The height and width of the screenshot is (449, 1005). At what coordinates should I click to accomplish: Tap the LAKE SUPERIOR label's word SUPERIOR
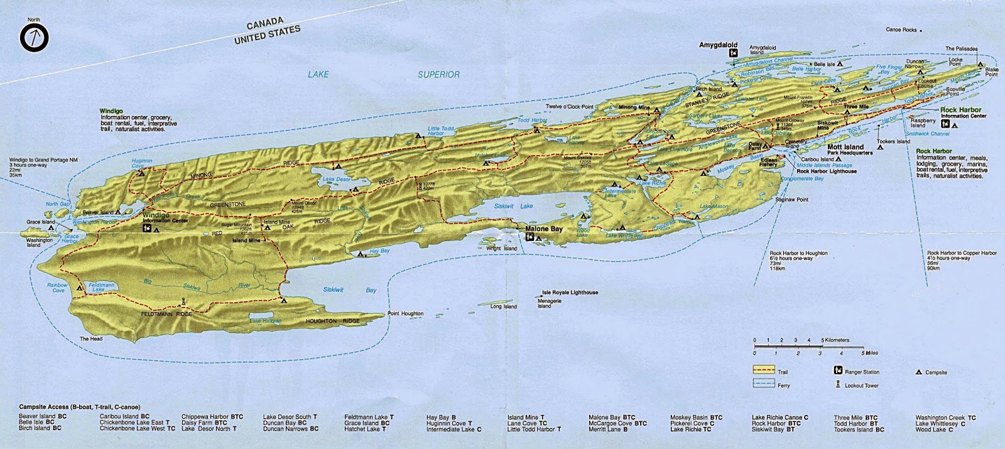(438, 74)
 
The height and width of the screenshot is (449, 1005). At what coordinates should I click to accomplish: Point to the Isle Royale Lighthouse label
(570, 293)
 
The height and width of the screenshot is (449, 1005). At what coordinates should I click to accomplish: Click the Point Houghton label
(405, 313)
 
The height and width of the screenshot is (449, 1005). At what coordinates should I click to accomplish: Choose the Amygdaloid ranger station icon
(732, 54)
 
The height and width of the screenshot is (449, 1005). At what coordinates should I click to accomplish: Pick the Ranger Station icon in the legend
(837, 372)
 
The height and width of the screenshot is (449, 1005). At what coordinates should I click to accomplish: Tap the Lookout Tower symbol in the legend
(837, 384)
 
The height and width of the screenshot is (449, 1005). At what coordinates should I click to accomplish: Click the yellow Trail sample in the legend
(763, 371)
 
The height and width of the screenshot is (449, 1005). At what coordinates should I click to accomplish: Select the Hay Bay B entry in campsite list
(441, 417)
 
